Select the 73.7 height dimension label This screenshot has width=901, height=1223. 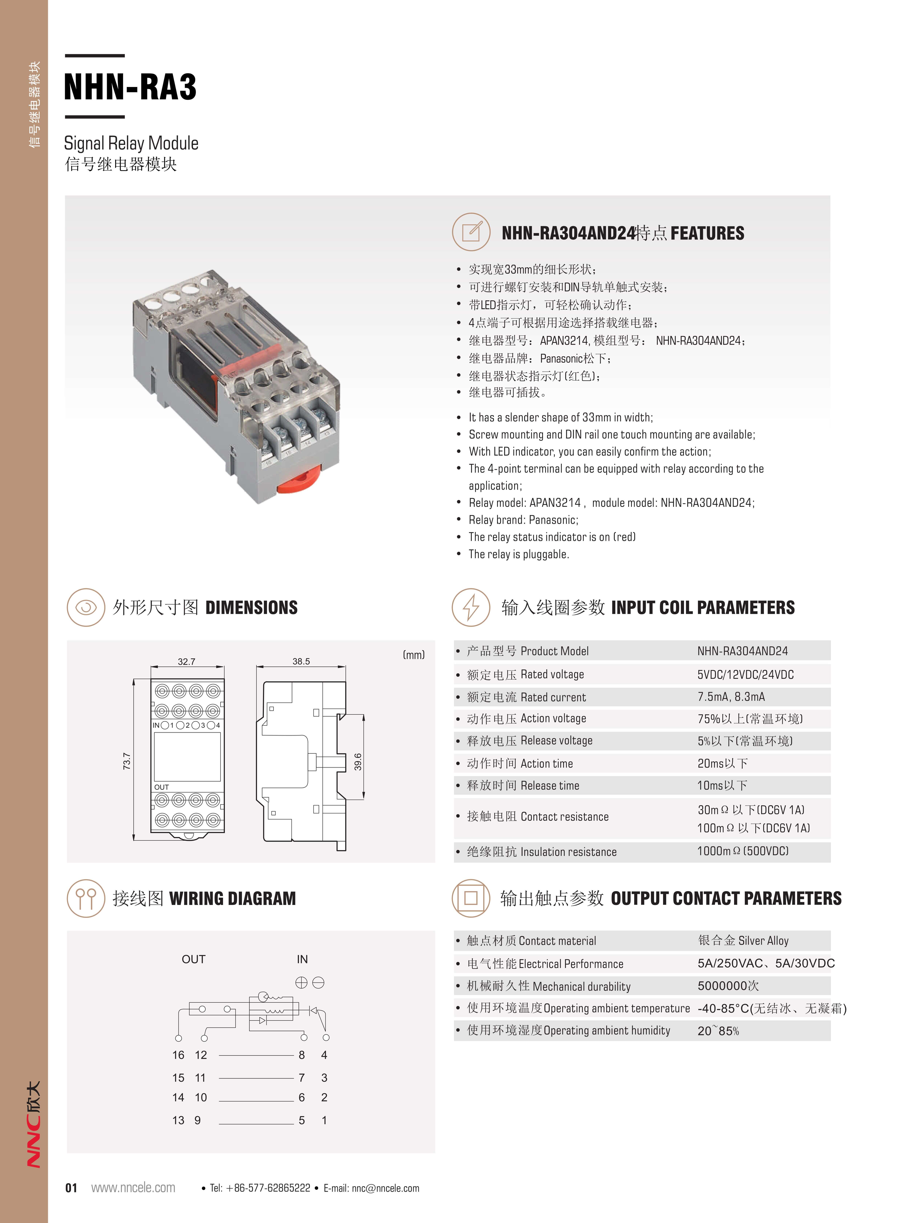tap(127, 761)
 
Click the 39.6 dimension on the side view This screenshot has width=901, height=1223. tap(358, 761)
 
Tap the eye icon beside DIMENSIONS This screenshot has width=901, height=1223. tap(86, 607)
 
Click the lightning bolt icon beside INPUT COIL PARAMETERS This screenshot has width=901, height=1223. tap(471, 607)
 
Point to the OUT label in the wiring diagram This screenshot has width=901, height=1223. tap(194, 959)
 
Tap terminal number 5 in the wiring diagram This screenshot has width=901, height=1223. tap(302, 1120)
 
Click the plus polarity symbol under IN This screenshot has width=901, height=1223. tap(301, 983)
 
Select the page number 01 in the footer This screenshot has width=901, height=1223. tap(71, 1188)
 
